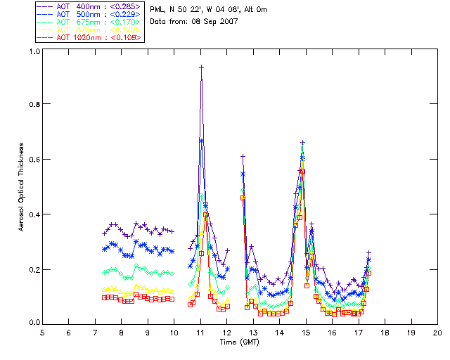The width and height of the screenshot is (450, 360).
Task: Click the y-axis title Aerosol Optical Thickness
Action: pyautogui.click(x=22, y=186)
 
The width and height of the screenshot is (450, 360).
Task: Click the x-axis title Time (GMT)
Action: pyautogui.click(x=238, y=342)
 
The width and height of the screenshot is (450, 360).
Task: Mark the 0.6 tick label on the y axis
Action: pyautogui.click(x=33, y=160)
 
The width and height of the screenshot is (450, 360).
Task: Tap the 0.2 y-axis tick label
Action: pyautogui.click(x=33, y=269)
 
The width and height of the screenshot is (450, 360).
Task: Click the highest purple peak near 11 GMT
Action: pyautogui.click(x=201, y=67)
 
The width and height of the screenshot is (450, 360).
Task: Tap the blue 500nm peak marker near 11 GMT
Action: pyautogui.click(x=201, y=141)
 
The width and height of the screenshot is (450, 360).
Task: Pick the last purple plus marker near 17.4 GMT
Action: pyautogui.click(x=368, y=252)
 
